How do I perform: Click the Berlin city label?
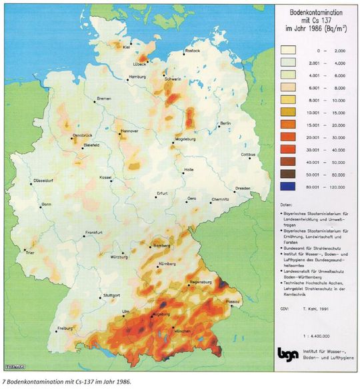[x=225, y=124]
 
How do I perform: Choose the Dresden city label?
[x=242, y=189]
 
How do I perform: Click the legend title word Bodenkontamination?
[x=313, y=13]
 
